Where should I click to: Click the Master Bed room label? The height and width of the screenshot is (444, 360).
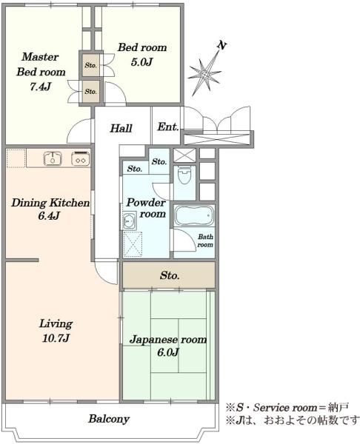41,64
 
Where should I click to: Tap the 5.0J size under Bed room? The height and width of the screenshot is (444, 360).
141,62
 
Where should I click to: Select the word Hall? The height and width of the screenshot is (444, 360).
121,128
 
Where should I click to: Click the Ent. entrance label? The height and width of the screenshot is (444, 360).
168,127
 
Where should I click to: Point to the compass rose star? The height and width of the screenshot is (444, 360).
204,73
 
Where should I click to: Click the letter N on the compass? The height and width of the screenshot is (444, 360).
222,45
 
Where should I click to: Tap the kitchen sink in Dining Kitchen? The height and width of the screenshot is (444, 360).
53,158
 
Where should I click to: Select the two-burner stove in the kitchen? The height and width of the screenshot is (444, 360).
81,158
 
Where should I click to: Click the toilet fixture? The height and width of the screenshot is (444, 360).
184,175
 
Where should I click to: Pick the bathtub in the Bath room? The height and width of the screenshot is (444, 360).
194,216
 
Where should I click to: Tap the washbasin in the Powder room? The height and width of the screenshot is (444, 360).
130,221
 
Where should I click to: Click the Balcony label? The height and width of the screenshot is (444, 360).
109,419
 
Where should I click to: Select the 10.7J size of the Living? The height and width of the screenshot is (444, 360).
56,338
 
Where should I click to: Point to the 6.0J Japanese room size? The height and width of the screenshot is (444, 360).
168,352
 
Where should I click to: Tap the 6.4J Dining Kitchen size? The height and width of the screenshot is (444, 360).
49,216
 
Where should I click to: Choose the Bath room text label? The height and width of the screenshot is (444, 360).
205,240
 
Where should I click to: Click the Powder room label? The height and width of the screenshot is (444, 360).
146,208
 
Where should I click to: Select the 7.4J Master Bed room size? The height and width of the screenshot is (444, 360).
41,87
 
